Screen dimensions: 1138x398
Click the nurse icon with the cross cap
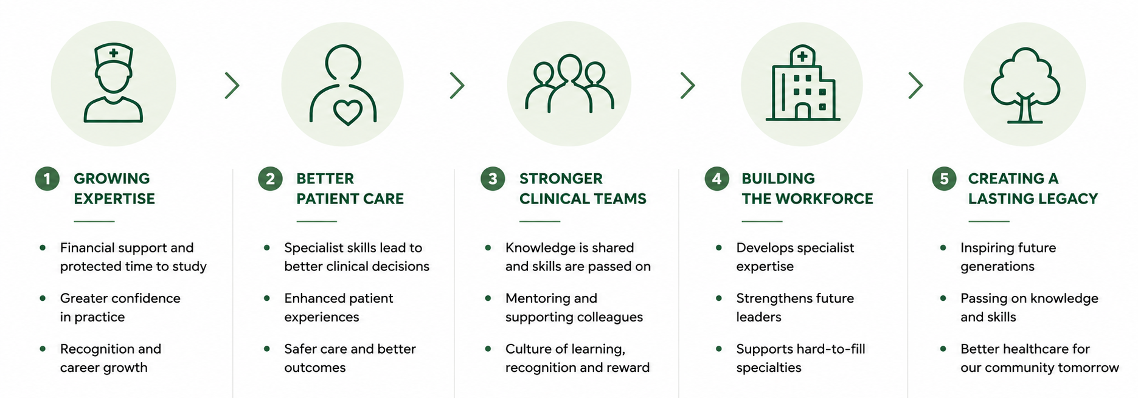(113, 83)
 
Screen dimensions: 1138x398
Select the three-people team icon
(569, 84)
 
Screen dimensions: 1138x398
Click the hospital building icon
(802, 83)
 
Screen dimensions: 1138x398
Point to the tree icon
(1025, 85)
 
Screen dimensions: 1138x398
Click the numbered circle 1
(47, 179)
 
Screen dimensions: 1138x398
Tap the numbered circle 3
(493, 179)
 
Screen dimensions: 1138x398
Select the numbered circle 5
(944, 179)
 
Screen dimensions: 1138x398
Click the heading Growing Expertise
(114, 188)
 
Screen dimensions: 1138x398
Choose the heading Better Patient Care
(350, 188)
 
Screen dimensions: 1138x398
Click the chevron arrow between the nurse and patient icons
(232, 86)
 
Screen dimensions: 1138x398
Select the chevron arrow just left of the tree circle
(915, 86)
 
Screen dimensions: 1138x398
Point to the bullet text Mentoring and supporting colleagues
(574, 307)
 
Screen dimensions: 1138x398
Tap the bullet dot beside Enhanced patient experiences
(266, 298)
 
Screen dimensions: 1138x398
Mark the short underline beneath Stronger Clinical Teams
(540, 221)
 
